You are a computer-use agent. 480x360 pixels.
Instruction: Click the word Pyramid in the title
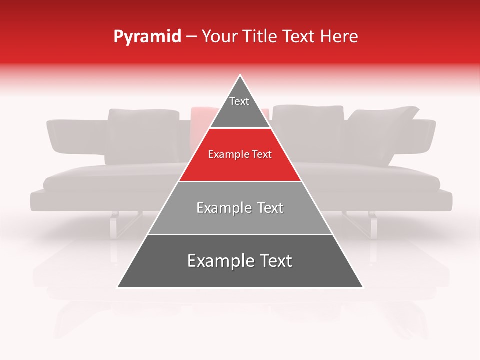147,37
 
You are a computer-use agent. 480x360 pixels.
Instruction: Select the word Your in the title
218,37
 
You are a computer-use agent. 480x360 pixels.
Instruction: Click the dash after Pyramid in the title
191,37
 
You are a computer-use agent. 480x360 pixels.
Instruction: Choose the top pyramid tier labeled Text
239,107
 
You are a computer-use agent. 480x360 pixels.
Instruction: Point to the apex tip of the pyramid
240,76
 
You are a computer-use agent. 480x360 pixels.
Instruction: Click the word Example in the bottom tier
220,261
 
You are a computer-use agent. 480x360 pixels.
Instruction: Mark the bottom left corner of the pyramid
118,287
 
